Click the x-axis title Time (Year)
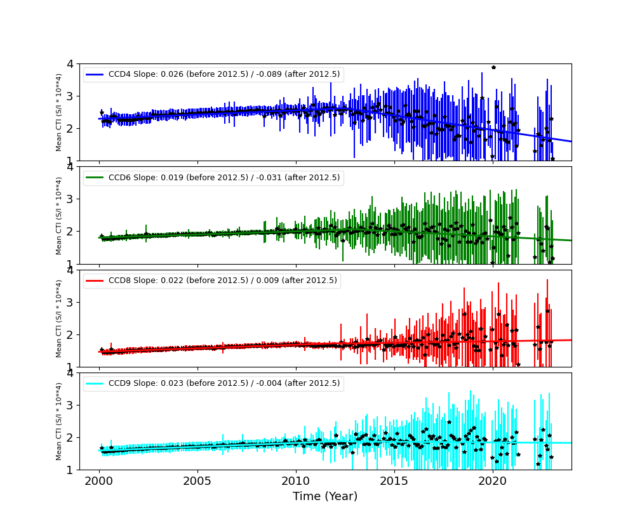(325, 496)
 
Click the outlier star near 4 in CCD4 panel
(493, 67)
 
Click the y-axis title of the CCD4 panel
(59, 112)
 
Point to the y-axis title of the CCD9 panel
(59, 421)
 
